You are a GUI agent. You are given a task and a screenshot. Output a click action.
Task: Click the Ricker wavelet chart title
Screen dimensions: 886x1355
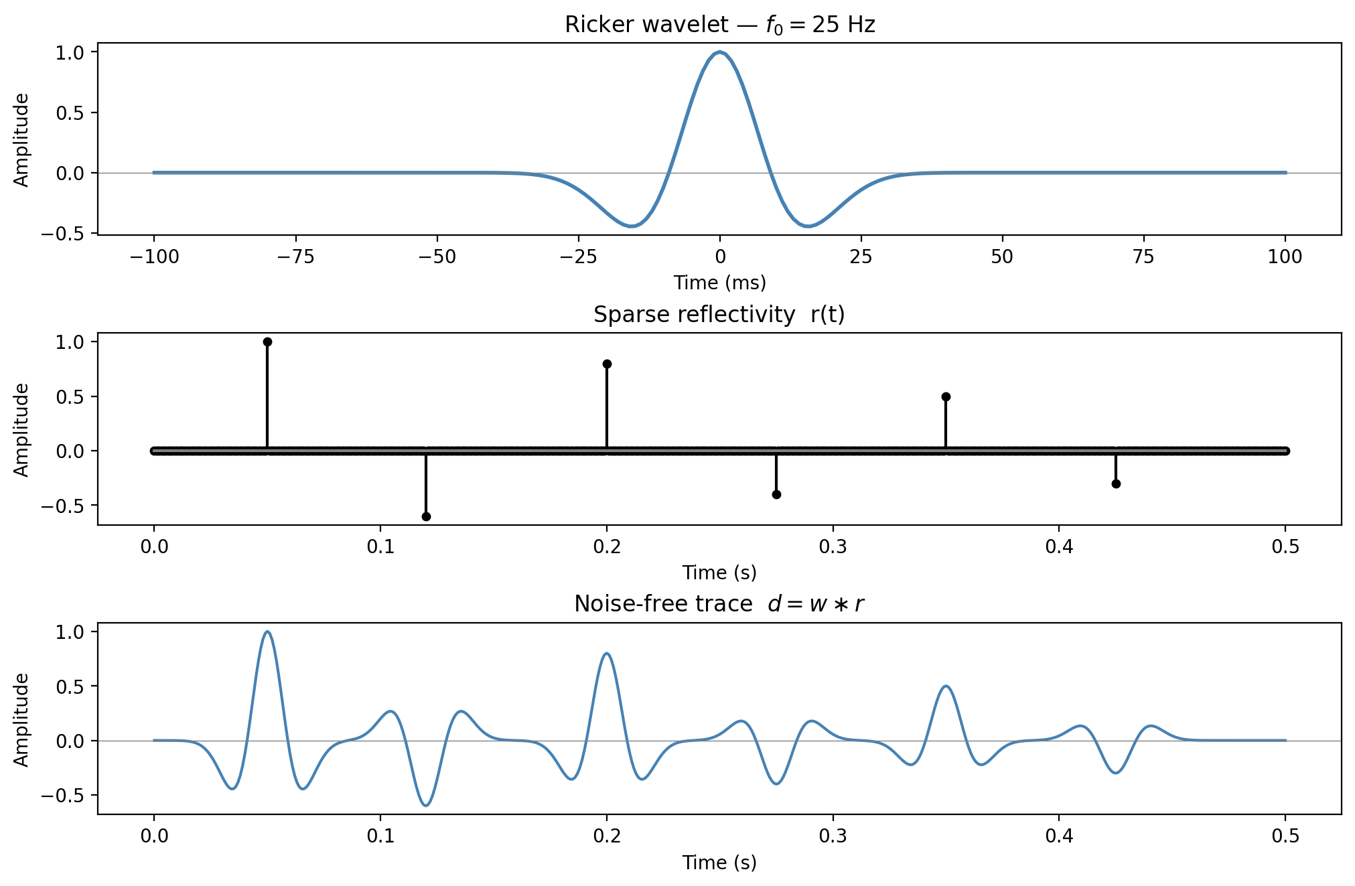[719, 25]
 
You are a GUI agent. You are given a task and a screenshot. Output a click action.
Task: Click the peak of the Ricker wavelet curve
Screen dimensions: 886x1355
[719, 52]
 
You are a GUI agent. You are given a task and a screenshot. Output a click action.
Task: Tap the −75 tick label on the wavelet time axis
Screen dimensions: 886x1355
[295, 257]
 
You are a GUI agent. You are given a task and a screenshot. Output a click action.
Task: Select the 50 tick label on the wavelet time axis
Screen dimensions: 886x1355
[1002, 257]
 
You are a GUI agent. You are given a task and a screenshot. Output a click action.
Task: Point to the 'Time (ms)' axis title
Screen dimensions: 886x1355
[719, 283]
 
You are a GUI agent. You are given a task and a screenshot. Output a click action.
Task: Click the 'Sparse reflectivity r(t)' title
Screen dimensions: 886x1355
[719, 314]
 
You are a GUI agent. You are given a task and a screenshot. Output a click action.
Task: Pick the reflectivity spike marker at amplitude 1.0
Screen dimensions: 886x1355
[267, 342]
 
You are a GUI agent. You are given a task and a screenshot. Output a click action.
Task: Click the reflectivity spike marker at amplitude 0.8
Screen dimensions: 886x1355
[607, 364]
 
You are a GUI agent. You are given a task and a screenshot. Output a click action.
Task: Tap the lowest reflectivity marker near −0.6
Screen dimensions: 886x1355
[426, 516]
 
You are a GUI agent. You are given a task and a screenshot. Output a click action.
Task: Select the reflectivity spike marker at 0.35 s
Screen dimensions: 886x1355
[946, 396]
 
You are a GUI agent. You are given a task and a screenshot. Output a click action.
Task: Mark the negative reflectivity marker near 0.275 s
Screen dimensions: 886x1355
[776, 495]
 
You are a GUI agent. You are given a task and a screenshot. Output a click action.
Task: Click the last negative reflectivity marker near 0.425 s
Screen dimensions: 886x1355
[1116, 484]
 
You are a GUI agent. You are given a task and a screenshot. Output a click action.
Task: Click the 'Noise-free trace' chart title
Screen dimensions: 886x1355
[719, 604]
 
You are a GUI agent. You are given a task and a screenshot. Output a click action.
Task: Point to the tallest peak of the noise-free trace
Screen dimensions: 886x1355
[267, 632]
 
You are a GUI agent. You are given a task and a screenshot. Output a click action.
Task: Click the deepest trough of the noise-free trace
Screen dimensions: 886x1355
[426, 805]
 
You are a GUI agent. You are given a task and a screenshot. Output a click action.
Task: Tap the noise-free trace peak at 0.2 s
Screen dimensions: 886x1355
[607, 654]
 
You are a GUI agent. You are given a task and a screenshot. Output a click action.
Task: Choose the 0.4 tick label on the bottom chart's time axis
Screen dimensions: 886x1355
[1059, 836]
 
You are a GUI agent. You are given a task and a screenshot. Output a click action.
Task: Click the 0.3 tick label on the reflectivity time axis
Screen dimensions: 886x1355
[833, 546]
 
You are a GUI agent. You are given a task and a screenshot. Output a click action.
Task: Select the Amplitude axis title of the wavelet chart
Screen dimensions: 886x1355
[22, 140]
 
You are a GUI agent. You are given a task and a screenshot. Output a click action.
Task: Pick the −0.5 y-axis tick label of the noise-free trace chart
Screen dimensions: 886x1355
[64, 796]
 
